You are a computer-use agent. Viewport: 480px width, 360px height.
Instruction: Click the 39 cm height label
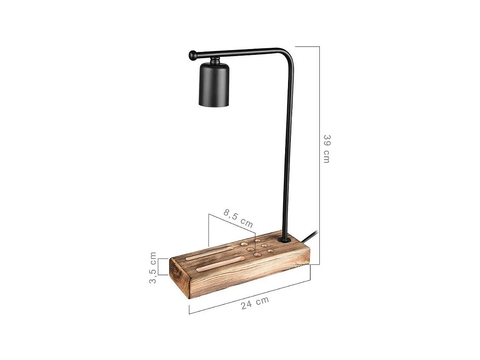point(326,148)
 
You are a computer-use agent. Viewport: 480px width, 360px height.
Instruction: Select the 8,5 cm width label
point(238,219)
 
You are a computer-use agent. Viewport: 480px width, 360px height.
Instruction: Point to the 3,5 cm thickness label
point(153,267)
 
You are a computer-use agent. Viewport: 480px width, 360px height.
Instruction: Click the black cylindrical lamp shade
point(214,85)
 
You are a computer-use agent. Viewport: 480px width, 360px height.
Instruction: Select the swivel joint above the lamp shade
point(214,61)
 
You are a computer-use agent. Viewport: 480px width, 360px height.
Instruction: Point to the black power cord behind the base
point(310,236)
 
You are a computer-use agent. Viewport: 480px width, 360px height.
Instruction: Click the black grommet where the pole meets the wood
point(283,240)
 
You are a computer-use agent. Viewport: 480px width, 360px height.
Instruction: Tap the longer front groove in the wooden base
point(220,264)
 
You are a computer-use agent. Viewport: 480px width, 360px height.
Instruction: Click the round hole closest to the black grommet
point(271,250)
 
